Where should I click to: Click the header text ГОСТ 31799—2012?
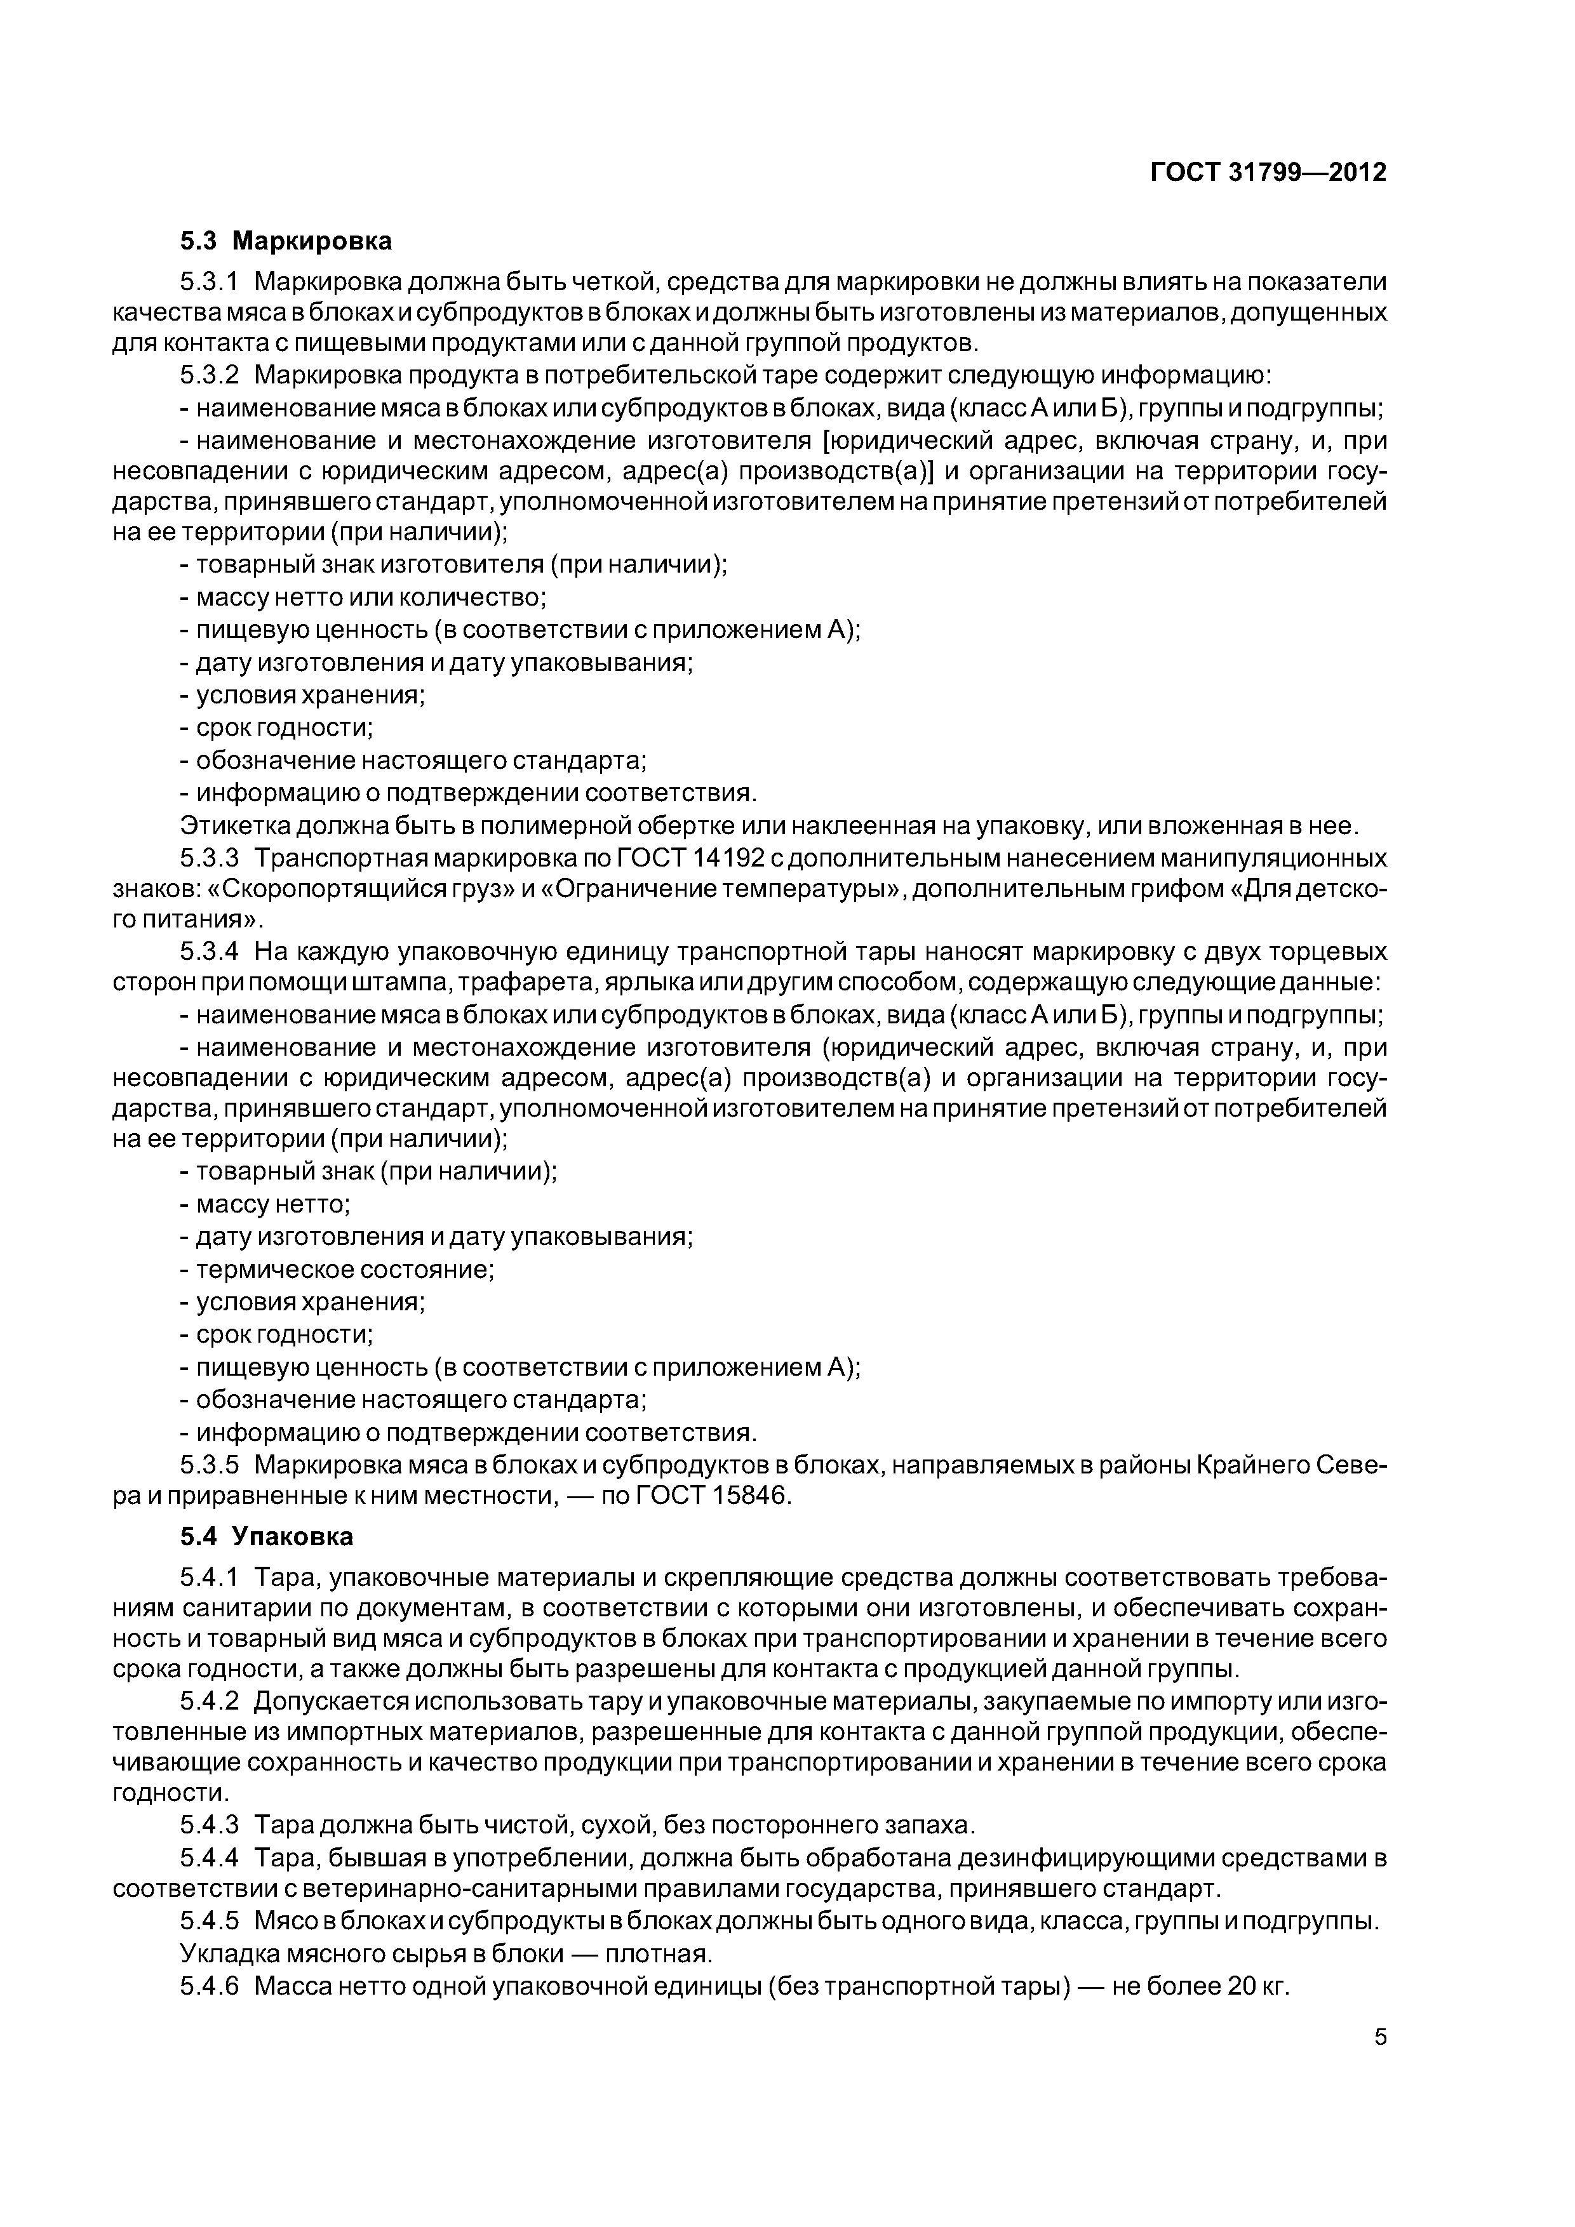tap(1268, 173)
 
